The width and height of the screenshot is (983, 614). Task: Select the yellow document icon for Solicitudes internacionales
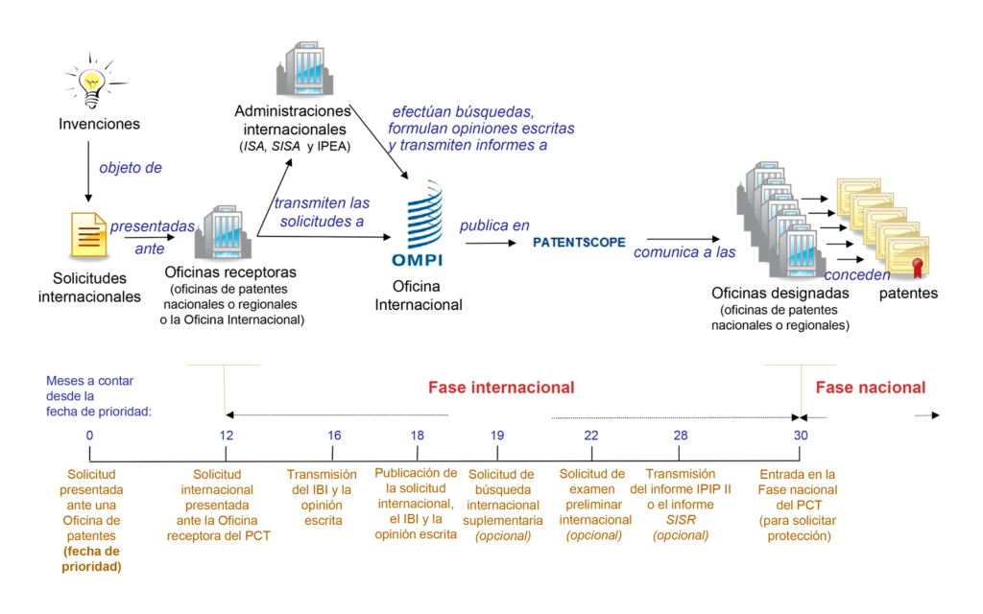pyautogui.click(x=87, y=235)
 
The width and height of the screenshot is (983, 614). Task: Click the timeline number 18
pyautogui.click(x=418, y=435)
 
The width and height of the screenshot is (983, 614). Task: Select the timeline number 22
pyautogui.click(x=591, y=435)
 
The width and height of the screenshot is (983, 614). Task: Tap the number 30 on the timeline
pyautogui.click(x=801, y=435)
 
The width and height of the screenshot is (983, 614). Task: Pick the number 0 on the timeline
pyautogui.click(x=89, y=435)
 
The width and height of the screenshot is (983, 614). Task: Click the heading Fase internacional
pyautogui.click(x=501, y=388)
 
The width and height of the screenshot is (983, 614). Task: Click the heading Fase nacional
pyautogui.click(x=871, y=388)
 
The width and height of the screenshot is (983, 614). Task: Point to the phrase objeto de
pyautogui.click(x=131, y=168)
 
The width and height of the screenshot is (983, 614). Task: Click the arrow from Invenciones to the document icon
pyautogui.click(x=88, y=171)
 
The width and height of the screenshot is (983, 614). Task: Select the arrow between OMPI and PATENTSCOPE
pyautogui.click(x=491, y=244)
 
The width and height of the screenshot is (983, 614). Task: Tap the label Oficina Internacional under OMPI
pyautogui.click(x=418, y=295)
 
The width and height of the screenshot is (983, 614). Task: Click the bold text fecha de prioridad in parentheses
pyautogui.click(x=92, y=558)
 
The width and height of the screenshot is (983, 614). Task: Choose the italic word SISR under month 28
pyautogui.click(x=681, y=520)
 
